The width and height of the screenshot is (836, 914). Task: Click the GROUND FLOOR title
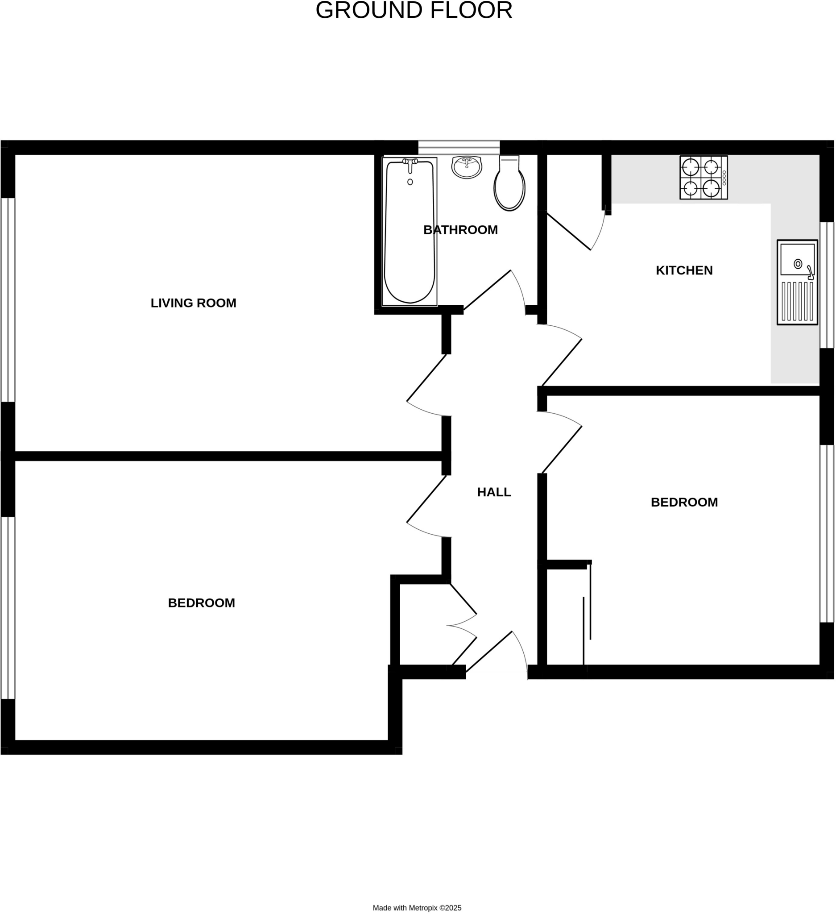414,10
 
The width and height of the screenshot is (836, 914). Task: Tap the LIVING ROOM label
194,303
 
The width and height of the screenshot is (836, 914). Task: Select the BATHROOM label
460,230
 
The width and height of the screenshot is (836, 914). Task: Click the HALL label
494,492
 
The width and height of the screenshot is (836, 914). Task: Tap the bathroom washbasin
466,167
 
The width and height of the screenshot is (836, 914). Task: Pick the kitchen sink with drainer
797,282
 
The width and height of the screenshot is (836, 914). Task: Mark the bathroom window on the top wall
459,147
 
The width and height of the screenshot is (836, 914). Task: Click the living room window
8,300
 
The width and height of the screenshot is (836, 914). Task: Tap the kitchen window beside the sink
827,285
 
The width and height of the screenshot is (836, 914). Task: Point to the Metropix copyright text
417,908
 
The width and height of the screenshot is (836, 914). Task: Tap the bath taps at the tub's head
410,162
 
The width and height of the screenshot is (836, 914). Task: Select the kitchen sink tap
810,273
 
